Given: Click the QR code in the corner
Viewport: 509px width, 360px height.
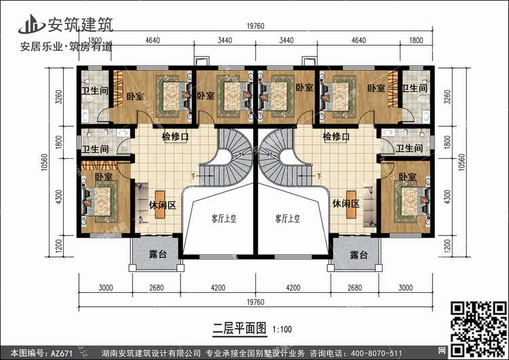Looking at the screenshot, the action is click(479, 329).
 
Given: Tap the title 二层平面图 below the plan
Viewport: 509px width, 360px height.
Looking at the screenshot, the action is click(240, 329).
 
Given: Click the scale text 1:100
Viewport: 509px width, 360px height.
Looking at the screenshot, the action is click(282, 329).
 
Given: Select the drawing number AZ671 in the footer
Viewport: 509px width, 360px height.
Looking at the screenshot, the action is click(61, 353).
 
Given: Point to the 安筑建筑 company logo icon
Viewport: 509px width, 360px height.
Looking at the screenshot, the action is click(31, 24).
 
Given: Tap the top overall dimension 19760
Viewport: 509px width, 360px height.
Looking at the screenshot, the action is click(255, 26).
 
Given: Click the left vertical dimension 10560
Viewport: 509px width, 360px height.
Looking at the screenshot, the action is click(45, 162).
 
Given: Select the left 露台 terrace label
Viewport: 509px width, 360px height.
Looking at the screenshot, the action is click(157, 254).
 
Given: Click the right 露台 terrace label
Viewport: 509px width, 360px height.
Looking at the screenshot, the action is click(359, 255).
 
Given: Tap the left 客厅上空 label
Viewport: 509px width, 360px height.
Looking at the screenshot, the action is click(224, 218).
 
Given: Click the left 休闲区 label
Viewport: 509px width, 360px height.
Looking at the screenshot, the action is click(162, 205).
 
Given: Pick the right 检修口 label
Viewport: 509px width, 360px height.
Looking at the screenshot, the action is click(336, 137).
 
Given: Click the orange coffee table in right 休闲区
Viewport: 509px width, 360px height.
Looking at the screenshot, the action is click(351, 204).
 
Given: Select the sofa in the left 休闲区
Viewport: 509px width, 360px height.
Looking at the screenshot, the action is click(142, 204).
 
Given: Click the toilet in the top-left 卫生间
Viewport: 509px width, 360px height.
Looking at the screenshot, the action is click(88, 98).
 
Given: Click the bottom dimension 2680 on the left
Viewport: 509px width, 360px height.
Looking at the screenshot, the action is click(157, 287).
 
